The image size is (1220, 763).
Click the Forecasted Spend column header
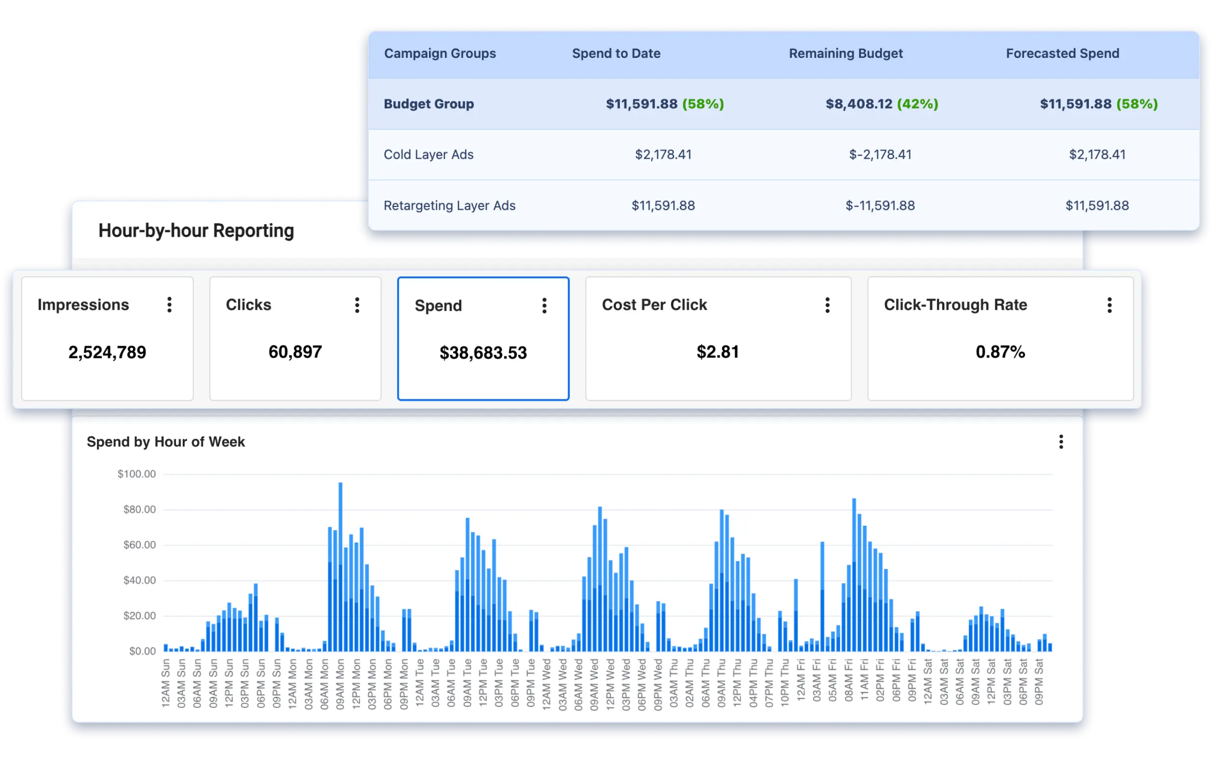tap(1062, 54)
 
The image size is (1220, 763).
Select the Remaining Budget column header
tap(845, 54)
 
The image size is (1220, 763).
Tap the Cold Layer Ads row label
tap(428, 154)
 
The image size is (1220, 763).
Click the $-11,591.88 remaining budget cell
tap(880, 205)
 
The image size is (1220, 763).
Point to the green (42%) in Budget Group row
tap(917, 104)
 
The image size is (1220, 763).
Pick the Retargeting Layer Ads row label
tap(449, 205)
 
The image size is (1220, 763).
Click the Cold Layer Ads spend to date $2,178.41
tap(663, 154)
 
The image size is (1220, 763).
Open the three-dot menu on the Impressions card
tap(170, 305)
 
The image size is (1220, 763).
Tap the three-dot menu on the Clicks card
tap(357, 305)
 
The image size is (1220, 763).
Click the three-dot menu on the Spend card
tap(544, 305)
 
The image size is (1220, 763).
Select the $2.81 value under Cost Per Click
tap(718, 352)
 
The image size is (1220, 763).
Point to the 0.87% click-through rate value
tap(1000, 352)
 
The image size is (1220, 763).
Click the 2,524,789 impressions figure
tap(107, 352)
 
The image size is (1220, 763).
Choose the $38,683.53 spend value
tap(483, 353)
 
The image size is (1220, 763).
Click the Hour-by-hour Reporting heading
tap(196, 231)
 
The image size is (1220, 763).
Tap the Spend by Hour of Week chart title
tap(165, 442)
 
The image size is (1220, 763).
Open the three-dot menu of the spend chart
tap(1060, 442)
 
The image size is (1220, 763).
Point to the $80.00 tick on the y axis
tap(140, 510)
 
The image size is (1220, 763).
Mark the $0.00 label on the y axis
tap(143, 651)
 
